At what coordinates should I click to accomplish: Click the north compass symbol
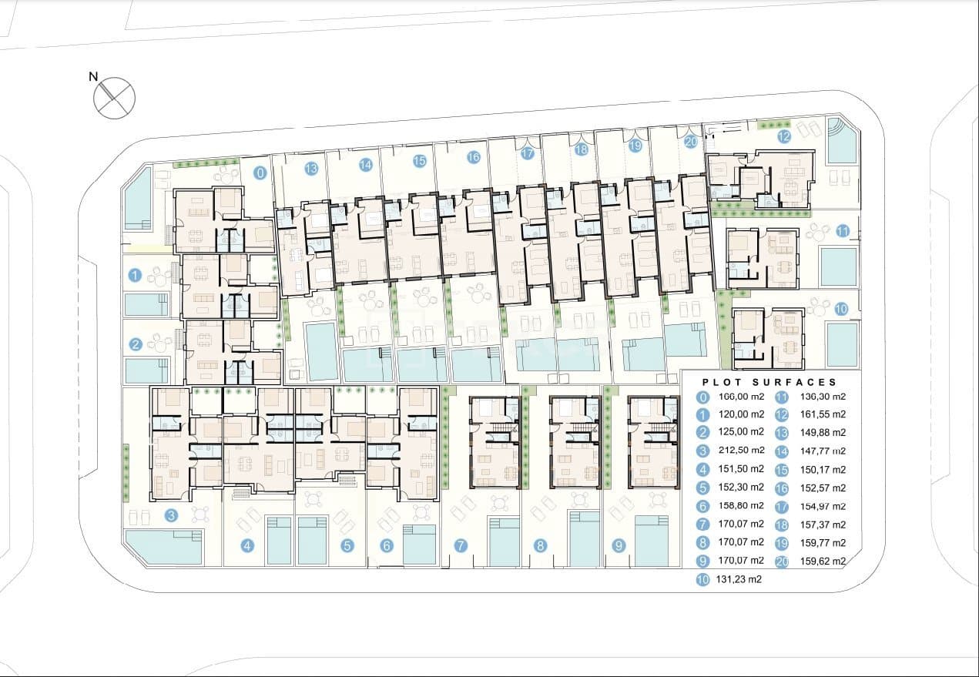115,98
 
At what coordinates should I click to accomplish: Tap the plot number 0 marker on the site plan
260,173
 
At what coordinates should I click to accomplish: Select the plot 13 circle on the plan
311,168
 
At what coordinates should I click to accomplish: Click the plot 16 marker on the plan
474,157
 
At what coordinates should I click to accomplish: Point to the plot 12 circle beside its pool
784,137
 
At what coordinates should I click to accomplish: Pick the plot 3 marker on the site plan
171,516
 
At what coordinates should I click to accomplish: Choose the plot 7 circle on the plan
461,545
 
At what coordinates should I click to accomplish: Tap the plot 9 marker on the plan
619,545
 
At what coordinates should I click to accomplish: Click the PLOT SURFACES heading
769,383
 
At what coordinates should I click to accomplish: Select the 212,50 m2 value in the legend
741,450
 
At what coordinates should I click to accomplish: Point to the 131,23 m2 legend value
739,579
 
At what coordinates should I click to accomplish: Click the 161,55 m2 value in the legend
823,414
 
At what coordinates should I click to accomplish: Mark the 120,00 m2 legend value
741,414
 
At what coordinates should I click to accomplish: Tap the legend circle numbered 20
782,561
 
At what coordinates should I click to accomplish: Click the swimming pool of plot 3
164,546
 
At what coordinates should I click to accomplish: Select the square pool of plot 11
838,266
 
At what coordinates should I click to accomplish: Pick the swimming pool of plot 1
146,304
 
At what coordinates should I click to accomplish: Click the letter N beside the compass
93,77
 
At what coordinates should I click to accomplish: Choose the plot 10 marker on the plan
841,310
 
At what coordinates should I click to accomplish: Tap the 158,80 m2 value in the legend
741,506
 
